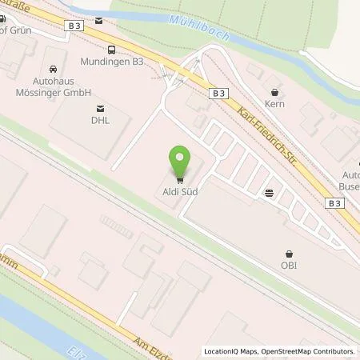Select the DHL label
pos(100,122)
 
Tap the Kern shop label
pos(276,105)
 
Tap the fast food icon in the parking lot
pos(269,192)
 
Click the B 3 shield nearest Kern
pos(219,94)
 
